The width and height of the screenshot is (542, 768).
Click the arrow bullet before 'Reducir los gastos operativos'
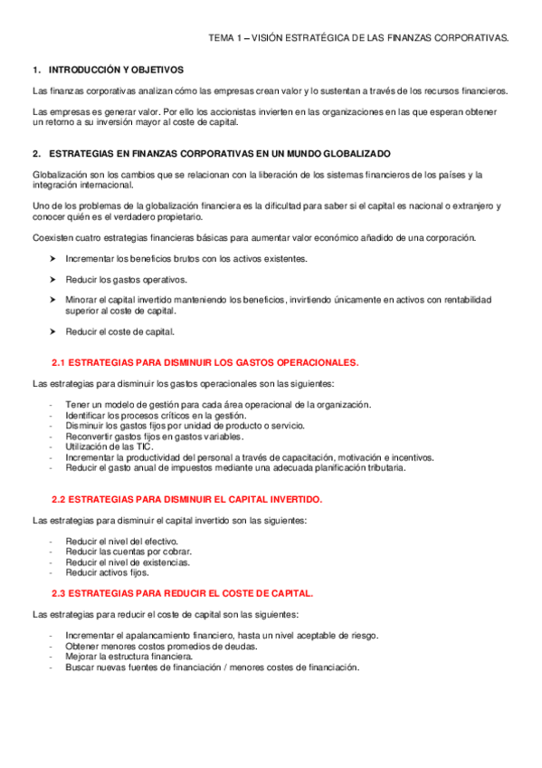click(x=53, y=279)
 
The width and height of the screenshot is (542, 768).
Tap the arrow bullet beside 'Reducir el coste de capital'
click(x=53, y=331)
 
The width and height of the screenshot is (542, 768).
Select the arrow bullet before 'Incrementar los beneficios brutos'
click(x=53, y=259)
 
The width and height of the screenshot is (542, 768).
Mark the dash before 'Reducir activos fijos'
click(x=52, y=572)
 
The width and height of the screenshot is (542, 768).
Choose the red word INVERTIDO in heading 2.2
click(x=291, y=499)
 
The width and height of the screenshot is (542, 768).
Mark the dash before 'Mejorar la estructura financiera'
click(x=52, y=657)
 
